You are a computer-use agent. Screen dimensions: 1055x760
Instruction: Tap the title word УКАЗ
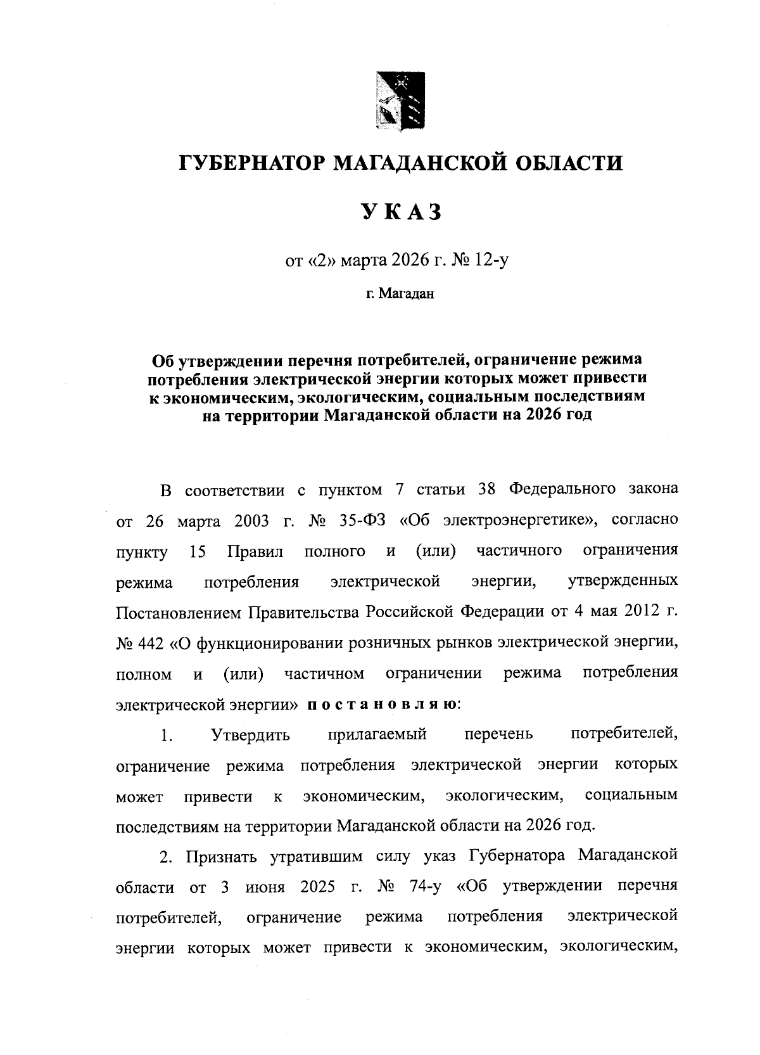401,213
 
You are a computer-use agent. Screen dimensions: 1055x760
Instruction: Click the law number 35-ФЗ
357,520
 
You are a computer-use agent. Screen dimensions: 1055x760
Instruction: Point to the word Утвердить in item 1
250,735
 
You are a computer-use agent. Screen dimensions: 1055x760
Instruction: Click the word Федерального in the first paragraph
562,490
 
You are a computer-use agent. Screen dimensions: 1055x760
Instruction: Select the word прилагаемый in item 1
377,735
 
